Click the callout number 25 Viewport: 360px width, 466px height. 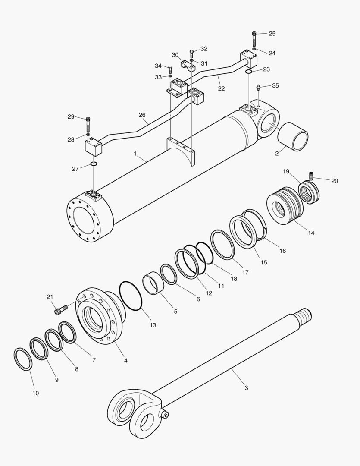point(272,34)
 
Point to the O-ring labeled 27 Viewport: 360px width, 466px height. point(94,164)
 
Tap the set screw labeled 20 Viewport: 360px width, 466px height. point(310,176)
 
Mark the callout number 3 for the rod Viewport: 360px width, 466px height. point(246,388)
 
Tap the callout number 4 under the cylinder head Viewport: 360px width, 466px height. point(126,360)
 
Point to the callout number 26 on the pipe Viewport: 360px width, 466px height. point(143,115)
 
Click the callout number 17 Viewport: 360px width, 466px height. point(245,272)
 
